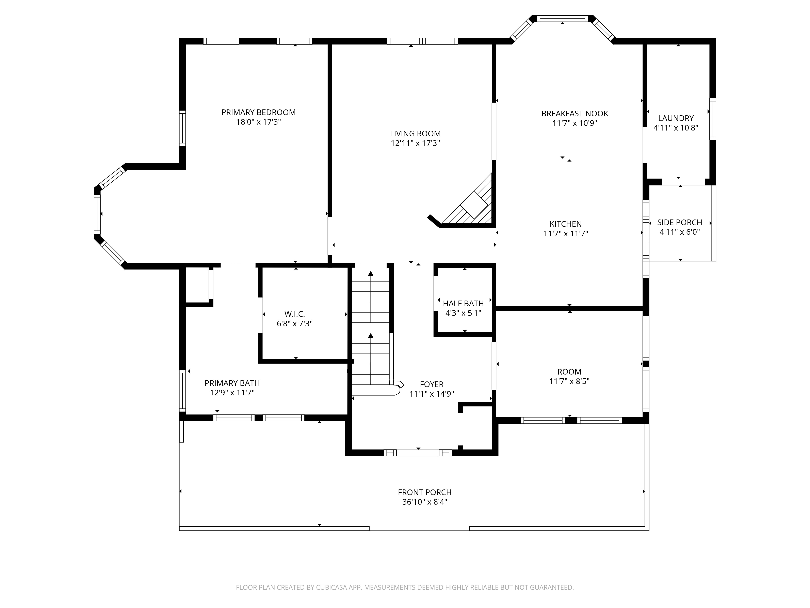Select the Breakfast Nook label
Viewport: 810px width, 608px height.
(x=574, y=114)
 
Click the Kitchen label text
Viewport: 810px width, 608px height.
(x=566, y=224)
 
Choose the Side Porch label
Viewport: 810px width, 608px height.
(x=680, y=223)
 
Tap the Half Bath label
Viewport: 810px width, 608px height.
(x=463, y=303)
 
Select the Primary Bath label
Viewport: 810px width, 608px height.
(x=232, y=383)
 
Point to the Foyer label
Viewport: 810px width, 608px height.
(x=432, y=384)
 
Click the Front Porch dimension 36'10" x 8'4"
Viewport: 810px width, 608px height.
(x=425, y=502)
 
